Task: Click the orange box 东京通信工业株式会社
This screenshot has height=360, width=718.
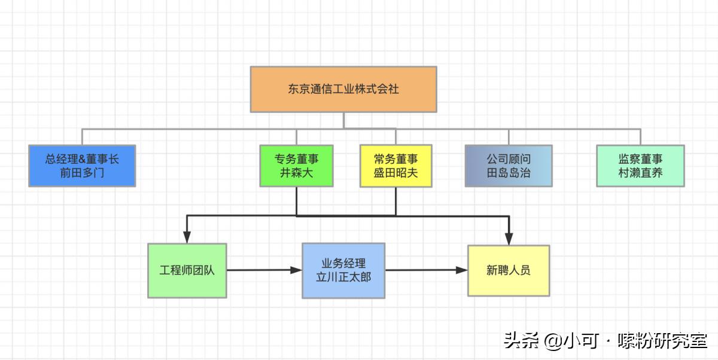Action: (343, 89)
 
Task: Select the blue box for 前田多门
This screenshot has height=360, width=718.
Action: (82, 166)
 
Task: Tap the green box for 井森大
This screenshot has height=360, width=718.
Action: (296, 166)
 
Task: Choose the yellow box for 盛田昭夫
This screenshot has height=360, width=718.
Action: (395, 166)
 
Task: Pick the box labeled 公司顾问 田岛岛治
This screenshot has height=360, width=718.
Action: (509, 166)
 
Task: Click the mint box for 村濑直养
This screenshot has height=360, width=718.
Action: (640, 166)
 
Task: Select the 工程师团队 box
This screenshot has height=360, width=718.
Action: (187, 270)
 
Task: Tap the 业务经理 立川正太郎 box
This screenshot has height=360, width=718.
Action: (343, 270)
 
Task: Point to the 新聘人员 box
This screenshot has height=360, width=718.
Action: (508, 270)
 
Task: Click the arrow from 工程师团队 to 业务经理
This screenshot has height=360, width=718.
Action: (263, 270)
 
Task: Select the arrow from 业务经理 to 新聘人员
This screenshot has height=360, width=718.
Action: (425, 270)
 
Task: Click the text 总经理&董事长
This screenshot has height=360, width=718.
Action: (82, 159)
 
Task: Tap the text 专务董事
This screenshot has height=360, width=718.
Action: (296, 159)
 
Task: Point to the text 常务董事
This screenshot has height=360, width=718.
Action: (395, 159)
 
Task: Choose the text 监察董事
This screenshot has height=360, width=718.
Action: (640, 159)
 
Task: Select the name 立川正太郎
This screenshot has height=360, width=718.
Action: (343, 277)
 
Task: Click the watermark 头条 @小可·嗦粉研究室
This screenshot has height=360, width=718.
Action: (605, 341)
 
